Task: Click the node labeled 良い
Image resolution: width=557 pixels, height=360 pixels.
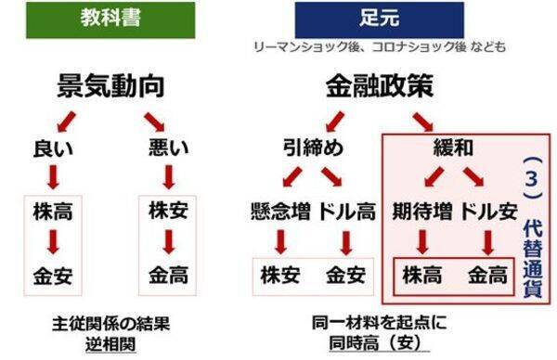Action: pyautogui.click(x=53, y=146)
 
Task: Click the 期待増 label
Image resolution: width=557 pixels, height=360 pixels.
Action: pyautogui.click(x=422, y=209)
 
